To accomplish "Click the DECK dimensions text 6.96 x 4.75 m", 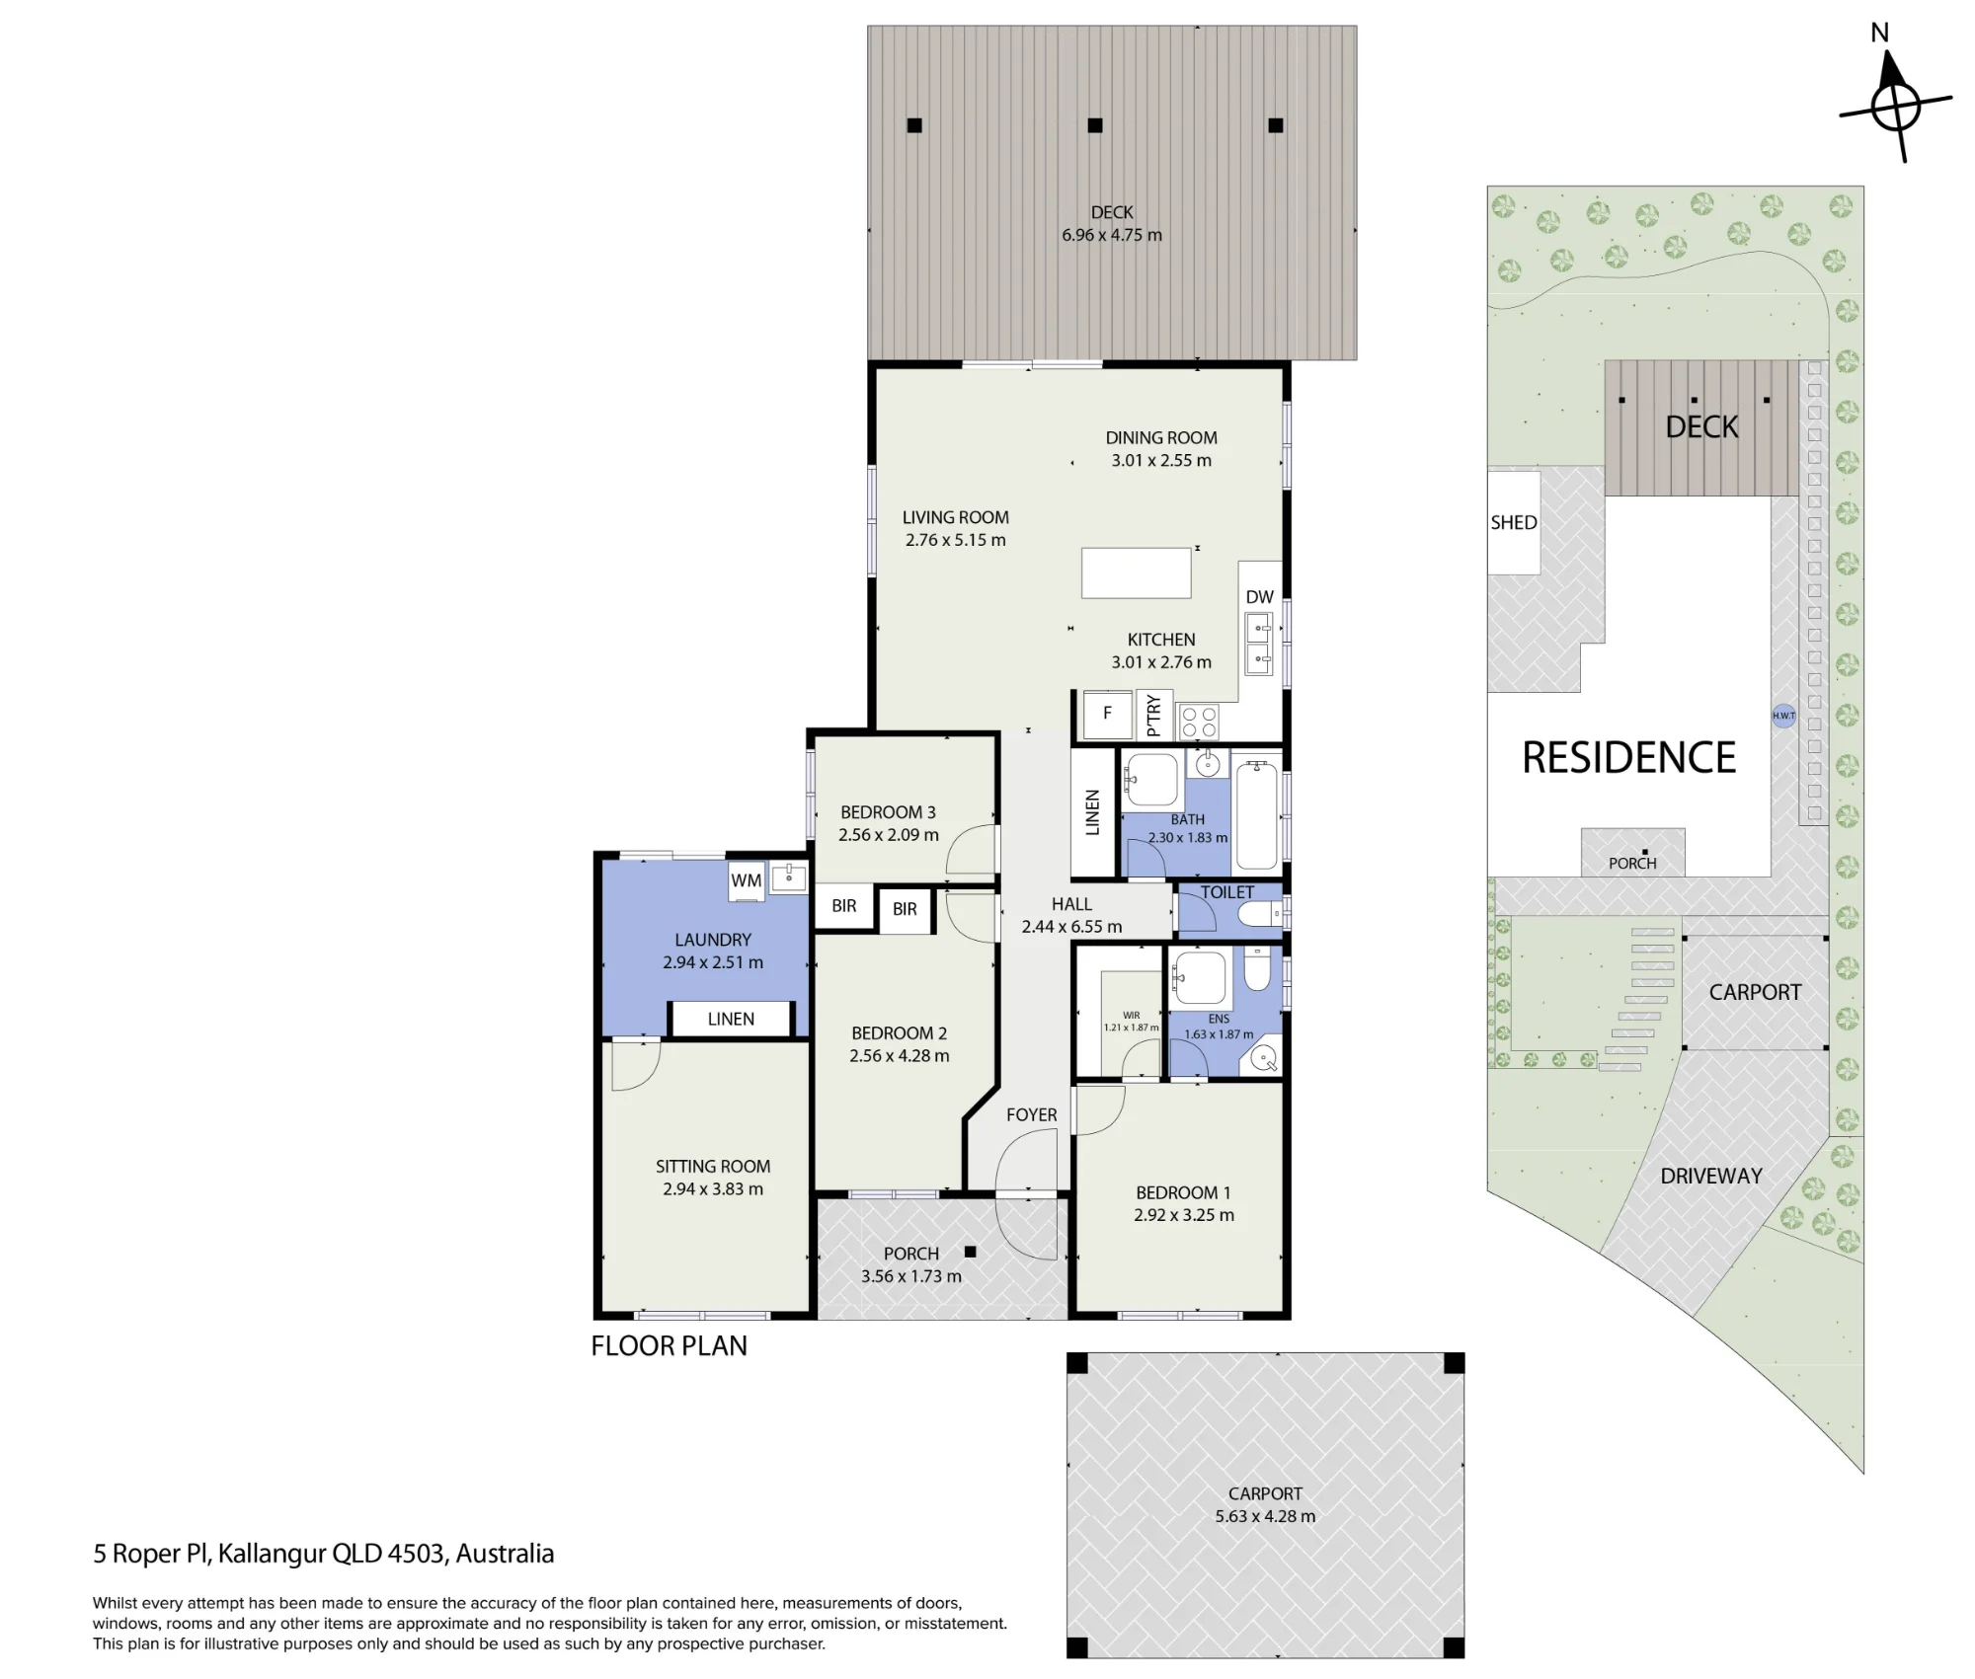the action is (1112, 235).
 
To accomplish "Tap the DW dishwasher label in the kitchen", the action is (1260, 596).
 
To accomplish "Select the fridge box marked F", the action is (1107, 714).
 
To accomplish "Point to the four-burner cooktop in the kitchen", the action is (1199, 721).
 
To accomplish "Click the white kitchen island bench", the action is (1136, 573).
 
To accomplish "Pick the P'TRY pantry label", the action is (1153, 715).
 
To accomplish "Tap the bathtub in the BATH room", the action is (1257, 814).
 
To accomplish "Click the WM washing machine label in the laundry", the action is (747, 880).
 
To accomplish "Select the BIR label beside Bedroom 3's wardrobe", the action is (844, 905).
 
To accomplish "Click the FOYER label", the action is (1032, 1114).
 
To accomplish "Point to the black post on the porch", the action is (971, 1252).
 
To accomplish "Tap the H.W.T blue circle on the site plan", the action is (1783, 716).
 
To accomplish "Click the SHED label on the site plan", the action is (1514, 522).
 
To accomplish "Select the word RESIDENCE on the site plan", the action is (1629, 758).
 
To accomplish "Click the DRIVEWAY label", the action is (1711, 1176).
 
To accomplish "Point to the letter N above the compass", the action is (1880, 33).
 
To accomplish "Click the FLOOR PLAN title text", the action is (670, 1345).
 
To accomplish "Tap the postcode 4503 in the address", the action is (416, 1554).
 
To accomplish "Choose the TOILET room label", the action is (1227, 892).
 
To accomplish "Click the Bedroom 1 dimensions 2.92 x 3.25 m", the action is (1184, 1215).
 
